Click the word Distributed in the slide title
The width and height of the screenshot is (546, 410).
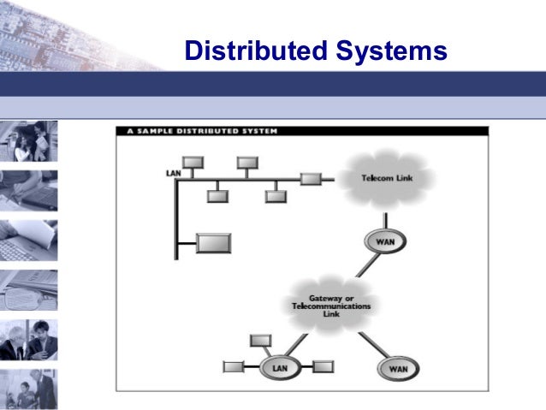(252, 51)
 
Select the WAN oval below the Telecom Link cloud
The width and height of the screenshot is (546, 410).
(384, 241)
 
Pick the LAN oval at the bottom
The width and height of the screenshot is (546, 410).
(280, 367)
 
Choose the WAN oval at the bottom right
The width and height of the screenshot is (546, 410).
(399, 369)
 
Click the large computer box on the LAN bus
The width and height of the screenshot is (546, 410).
(213, 243)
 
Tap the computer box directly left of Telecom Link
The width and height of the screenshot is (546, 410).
(311, 179)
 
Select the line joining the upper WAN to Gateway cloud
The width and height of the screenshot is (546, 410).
(365, 264)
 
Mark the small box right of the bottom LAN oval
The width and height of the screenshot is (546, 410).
(323, 367)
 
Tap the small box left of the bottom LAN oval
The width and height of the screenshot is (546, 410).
(233, 367)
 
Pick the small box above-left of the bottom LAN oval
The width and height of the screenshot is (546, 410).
(260, 341)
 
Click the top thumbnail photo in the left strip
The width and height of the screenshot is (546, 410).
(29, 141)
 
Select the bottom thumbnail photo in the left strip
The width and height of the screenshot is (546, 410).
(29, 389)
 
